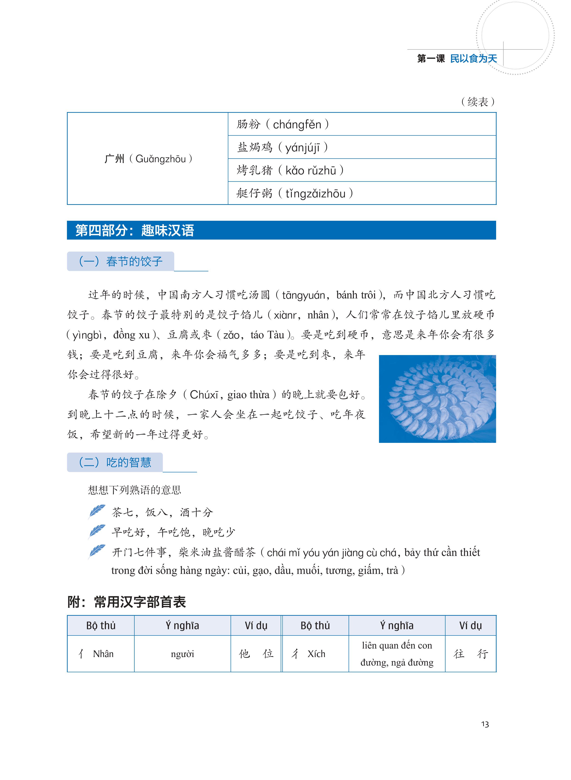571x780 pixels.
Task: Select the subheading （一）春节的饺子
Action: coord(120,261)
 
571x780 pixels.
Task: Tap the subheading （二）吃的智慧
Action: coord(115,462)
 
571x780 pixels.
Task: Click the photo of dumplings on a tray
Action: coord(437,399)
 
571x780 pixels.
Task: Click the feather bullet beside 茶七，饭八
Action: coord(96,512)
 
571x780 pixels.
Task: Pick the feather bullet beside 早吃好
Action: coord(96,532)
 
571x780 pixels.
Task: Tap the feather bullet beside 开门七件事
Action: coord(96,552)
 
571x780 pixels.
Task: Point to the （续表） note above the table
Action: coord(478,102)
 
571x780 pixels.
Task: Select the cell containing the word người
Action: coord(182,654)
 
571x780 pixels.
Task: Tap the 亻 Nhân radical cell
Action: coord(100,654)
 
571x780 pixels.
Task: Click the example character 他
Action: coord(244,654)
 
